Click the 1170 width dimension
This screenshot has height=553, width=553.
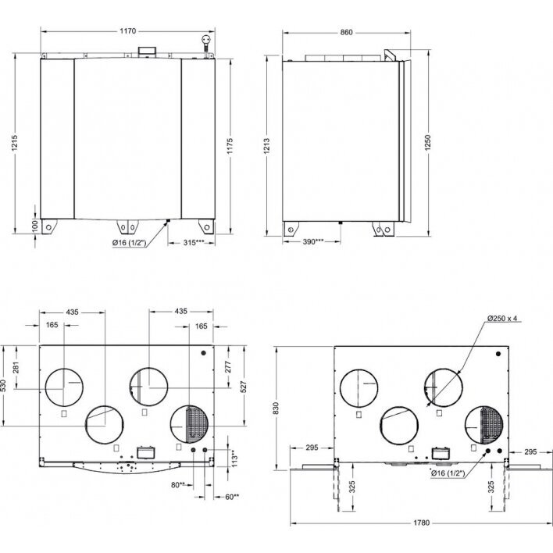click(x=127, y=31)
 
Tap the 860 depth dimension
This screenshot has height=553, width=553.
click(x=346, y=33)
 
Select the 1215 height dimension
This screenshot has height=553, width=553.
click(x=14, y=143)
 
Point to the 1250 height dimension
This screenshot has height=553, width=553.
click(x=428, y=143)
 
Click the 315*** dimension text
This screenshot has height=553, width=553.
click(x=194, y=243)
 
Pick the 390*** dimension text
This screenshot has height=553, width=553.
click(x=313, y=241)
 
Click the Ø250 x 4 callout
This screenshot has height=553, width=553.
click(x=502, y=318)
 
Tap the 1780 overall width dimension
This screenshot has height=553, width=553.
click(x=422, y=523)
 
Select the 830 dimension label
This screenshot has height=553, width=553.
click(x=276, y=408)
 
